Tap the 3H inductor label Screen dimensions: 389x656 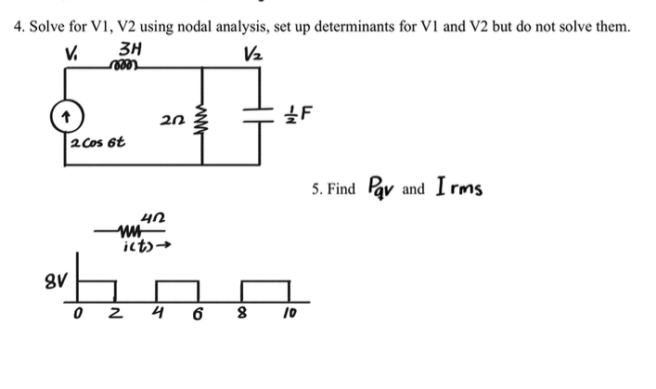coord(130,50)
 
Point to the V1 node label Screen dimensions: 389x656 coord(71,50)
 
